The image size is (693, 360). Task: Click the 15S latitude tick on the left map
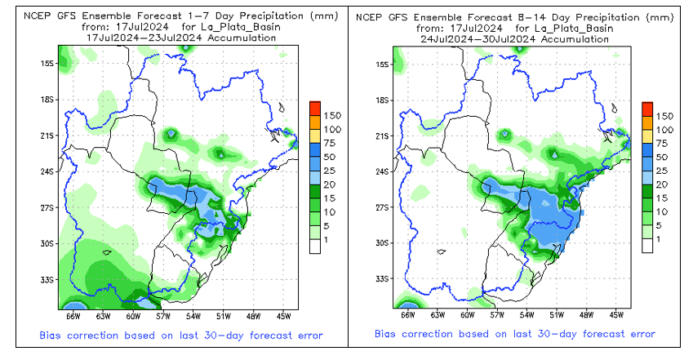pos(47,64)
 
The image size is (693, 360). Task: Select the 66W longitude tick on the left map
pos(73,314)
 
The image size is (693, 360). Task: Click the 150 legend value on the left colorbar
pos(329,117)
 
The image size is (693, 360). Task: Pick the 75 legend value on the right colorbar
pos(666,143)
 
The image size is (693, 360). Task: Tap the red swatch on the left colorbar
pos(314,109)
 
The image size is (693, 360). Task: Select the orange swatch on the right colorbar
pos(647,122)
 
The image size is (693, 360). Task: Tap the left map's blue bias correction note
pos(181,335)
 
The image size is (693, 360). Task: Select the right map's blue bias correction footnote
pos(514,335)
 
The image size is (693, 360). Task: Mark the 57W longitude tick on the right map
pos(495,314)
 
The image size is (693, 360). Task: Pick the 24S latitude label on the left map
pos(47,171)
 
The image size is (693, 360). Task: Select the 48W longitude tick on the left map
pos(252,314)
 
